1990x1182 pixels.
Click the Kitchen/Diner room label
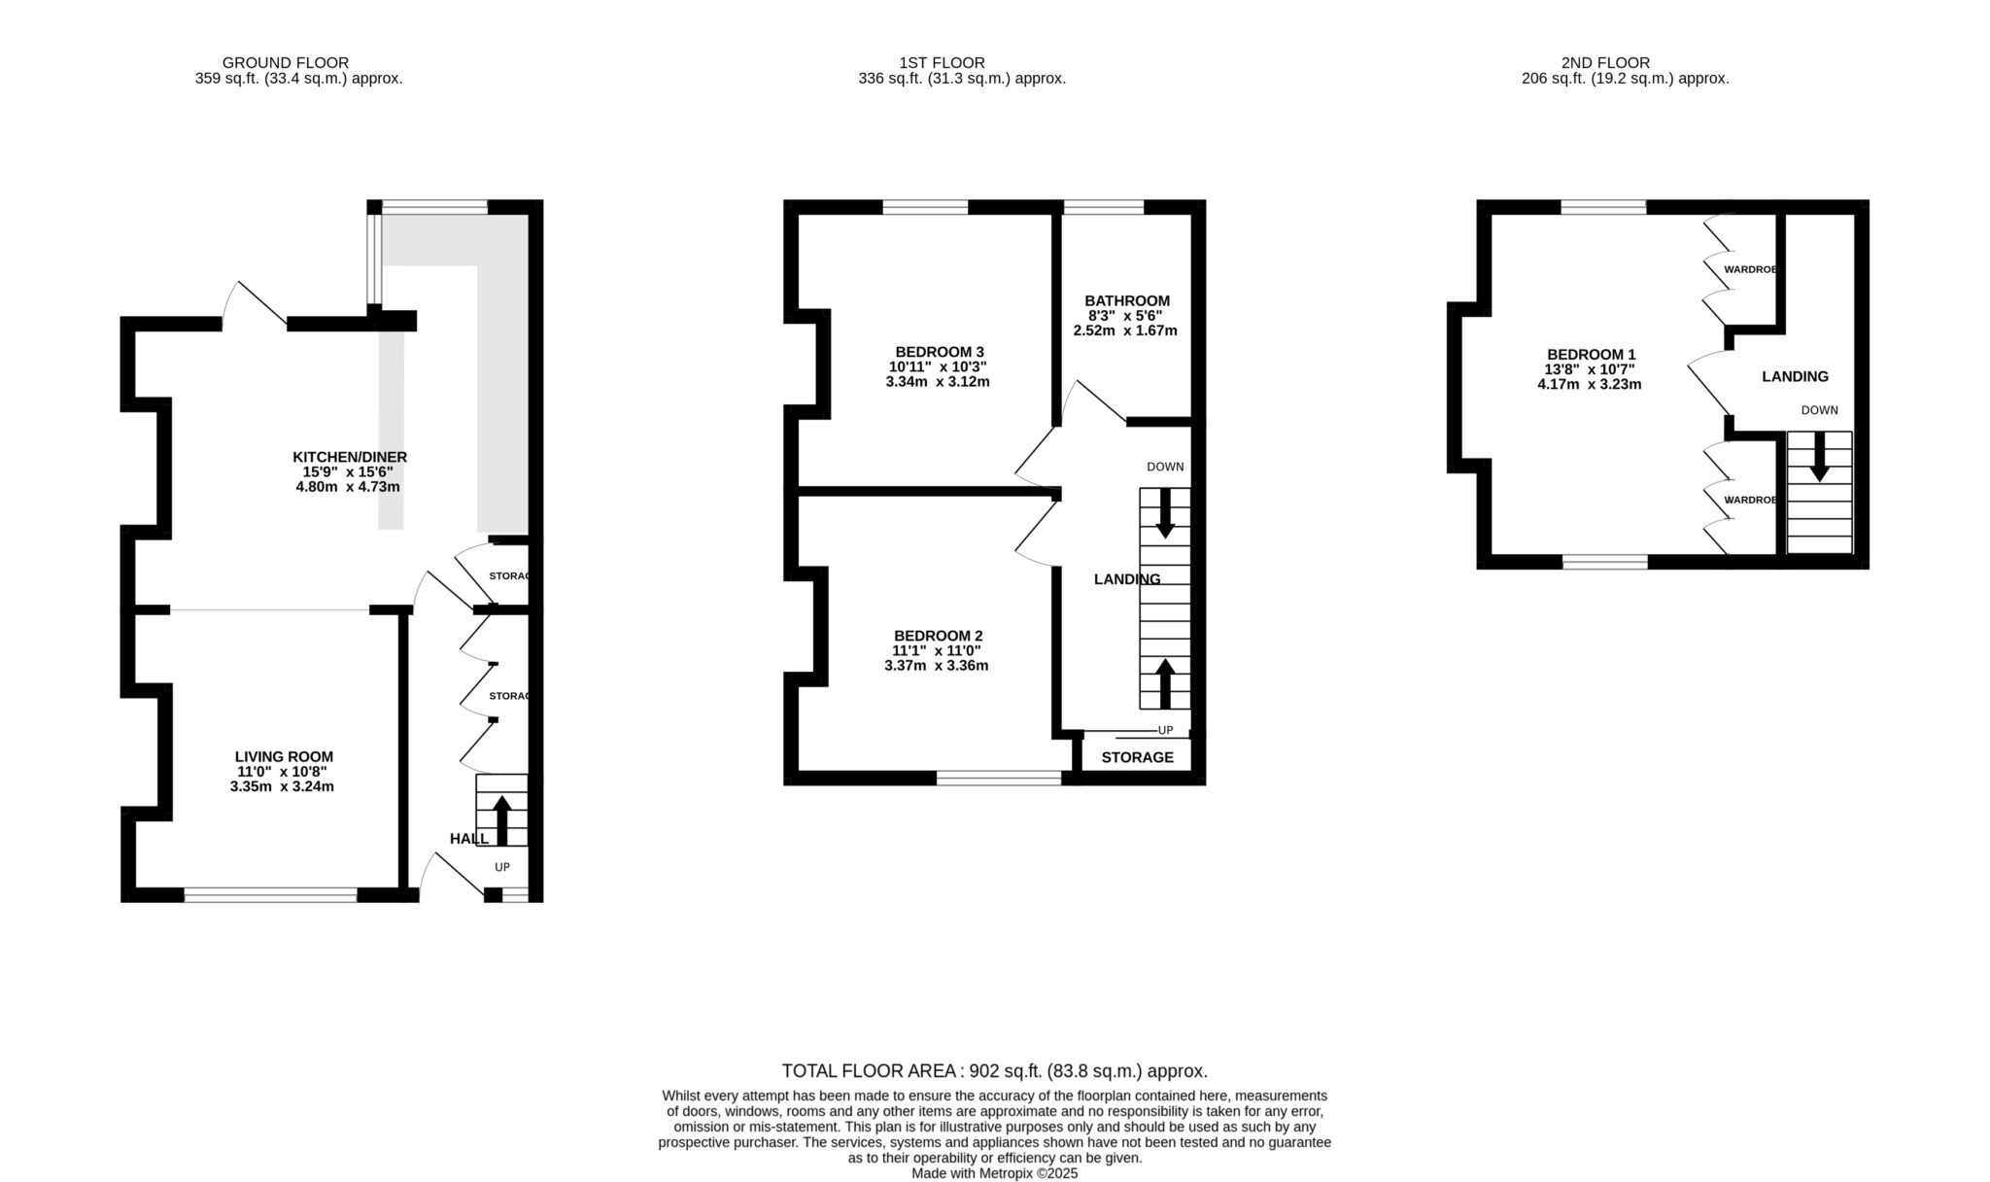coord(350,457)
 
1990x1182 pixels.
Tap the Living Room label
coord(284,756)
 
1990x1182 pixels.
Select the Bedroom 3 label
coord(940,352)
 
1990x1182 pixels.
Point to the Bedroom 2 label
coord(939,636)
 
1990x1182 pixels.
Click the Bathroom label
coord(1127,301)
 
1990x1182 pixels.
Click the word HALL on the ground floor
coord(469,839)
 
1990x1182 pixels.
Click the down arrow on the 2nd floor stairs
coord(1819,456)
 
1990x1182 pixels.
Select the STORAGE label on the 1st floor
coord(1137,757)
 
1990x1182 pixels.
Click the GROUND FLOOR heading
coord(285,63)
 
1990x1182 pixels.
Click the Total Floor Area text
coord(995,1071)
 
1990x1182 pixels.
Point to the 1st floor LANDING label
coord(1127,579)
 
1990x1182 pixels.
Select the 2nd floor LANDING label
coord(1795,376)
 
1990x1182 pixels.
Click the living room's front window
coord(271,895)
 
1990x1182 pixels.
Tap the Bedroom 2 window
coord(1000,778)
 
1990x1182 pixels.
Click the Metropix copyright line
coord(995,1173)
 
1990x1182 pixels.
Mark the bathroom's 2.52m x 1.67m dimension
coord(1125,330)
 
